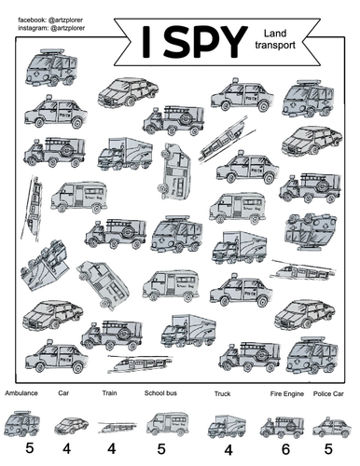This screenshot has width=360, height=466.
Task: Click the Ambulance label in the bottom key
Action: pyautogui.click(x=21, y=394)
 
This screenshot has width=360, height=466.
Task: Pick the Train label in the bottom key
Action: pyautogui.click(x=109, y=394)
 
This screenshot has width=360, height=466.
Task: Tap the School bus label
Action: pyautogui.click(x=161, y=394)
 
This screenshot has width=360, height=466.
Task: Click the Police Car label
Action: pyautogui.click(x=330, y=394)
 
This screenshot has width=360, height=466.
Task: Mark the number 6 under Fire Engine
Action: pyautogui.click(x=285, y=450)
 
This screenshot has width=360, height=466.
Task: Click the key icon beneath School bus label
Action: pyautogui.click(x=167, y=423)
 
